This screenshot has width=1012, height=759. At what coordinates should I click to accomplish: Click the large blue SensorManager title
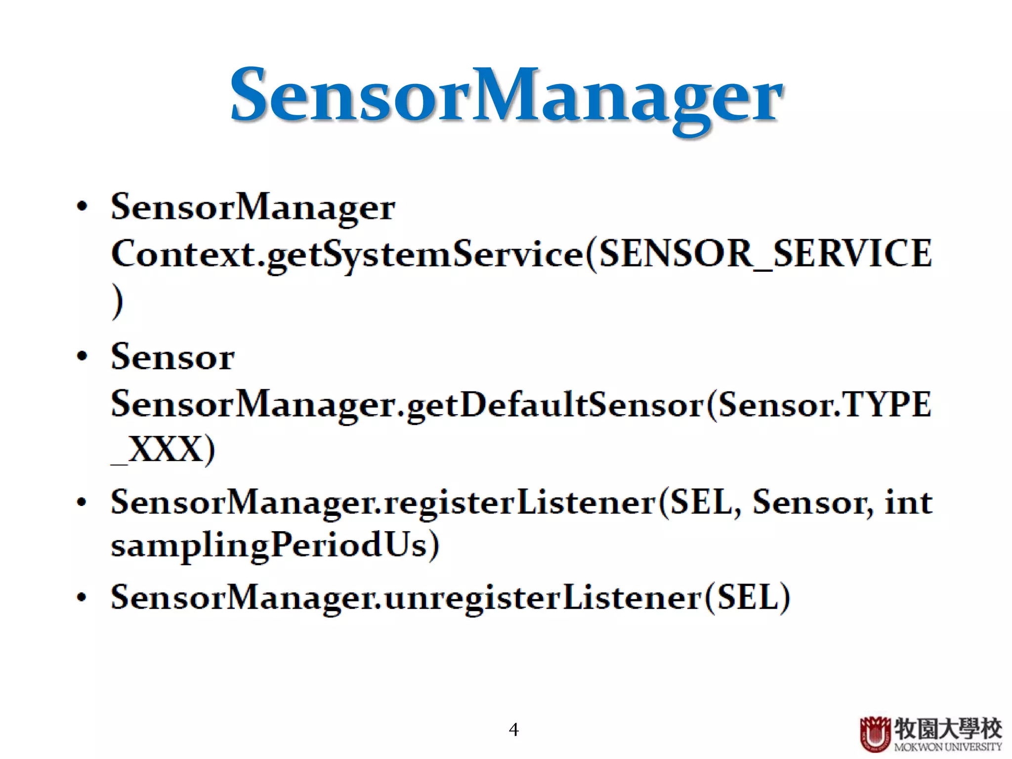(x=506, y=96)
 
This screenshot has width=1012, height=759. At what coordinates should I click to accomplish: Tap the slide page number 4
(x=513, y=729)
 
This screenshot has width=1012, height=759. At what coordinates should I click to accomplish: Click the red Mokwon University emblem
(x=875, y=733)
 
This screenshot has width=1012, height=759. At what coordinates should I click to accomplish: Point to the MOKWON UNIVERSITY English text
(x=948, y=747)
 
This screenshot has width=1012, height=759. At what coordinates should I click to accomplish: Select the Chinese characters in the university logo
(x=948, y=728)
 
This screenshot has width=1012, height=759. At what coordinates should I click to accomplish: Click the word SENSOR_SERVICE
(x=765, y=254)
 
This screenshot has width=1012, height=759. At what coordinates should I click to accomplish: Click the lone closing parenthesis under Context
(x=117, y=301)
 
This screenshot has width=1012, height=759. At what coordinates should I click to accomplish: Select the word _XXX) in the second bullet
(x=163, y=450)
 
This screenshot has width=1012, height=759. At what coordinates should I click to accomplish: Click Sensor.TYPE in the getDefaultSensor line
(x=824, y=405)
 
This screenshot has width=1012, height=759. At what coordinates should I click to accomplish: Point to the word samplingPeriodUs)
(x=275, y=546)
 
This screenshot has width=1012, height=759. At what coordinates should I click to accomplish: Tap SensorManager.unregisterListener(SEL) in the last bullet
(x=450, y=597)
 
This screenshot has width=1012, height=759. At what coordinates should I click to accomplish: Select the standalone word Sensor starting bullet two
(x=172, y=357)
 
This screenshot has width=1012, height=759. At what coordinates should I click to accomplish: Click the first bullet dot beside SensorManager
(x=82, y=206)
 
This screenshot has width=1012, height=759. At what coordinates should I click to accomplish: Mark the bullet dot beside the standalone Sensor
(x=82, y=356)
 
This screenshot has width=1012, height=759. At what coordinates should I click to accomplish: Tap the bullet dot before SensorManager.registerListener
(x=82, y=503)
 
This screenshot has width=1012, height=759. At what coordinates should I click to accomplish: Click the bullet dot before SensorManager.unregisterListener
(x=82, y=597)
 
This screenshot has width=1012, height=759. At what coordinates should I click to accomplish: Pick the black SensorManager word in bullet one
(x=253, y=207)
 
